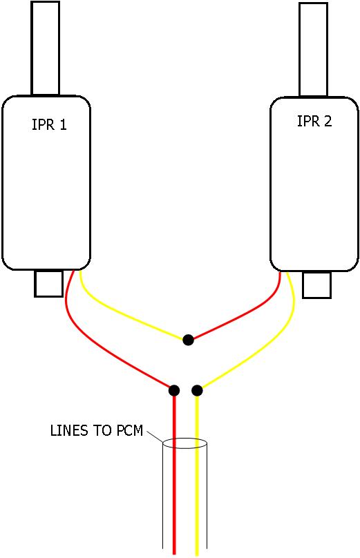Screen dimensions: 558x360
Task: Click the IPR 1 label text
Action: click(49, 126)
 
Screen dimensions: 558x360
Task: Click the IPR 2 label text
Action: click(314, 122)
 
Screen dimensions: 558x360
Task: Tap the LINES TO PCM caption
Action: click(96, 431)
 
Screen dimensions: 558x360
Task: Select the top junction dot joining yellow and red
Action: click(188, 340)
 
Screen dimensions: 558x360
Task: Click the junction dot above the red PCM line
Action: click(174, 391)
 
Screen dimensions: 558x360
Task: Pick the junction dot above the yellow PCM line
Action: click(197, 391)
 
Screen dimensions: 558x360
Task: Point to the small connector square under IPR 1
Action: click(48, 283)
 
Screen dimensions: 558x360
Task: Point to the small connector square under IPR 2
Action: click(316, 285)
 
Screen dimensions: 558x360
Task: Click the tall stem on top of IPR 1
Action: click(46, 48)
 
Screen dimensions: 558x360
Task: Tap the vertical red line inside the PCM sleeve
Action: click(174, 497)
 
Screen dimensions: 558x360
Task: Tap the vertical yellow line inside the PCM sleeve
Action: click(197, 497)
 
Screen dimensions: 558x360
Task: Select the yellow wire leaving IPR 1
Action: click(124, 318)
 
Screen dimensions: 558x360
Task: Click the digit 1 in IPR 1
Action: click(63, 126)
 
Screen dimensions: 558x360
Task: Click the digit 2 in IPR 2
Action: click(328, 122)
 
